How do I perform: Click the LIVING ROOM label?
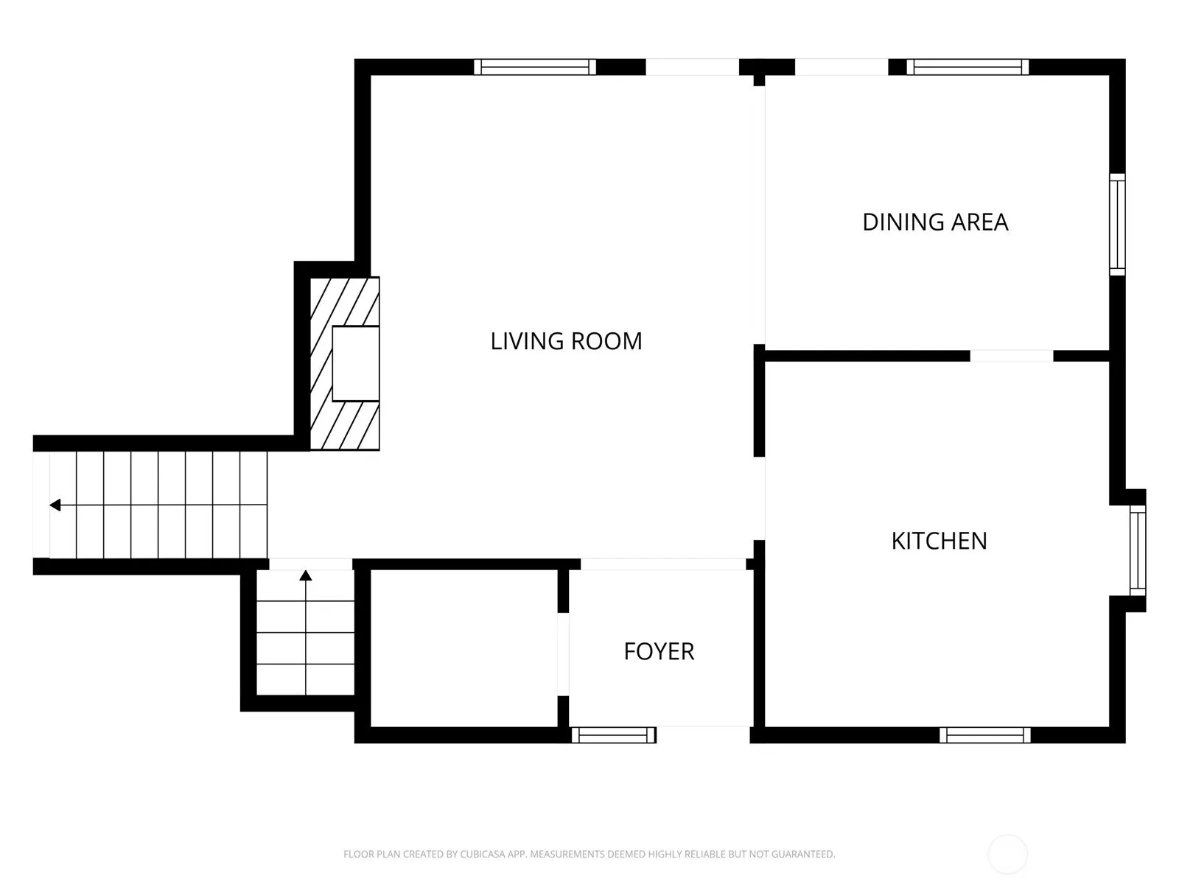(566, 341)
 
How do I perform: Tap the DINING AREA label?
(935, 222)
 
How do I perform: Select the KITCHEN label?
(939, 541)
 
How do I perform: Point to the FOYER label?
(659, 652)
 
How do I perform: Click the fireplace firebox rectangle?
(356, 363)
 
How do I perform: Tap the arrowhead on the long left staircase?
(55, 505)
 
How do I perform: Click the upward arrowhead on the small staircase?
(306, 575)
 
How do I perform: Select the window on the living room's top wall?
(535, 67)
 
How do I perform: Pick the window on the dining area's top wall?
(968, 67)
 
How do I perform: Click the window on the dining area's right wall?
(1117, 225)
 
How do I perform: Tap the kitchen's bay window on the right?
(1138, 550)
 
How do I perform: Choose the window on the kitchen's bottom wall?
(984, 734)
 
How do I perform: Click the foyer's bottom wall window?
(613, 734)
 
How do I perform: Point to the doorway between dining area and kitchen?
(1012, 356)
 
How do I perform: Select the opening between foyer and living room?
(663, 564)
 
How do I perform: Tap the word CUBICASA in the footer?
(483, 854)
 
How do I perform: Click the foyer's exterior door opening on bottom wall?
(703, 734)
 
